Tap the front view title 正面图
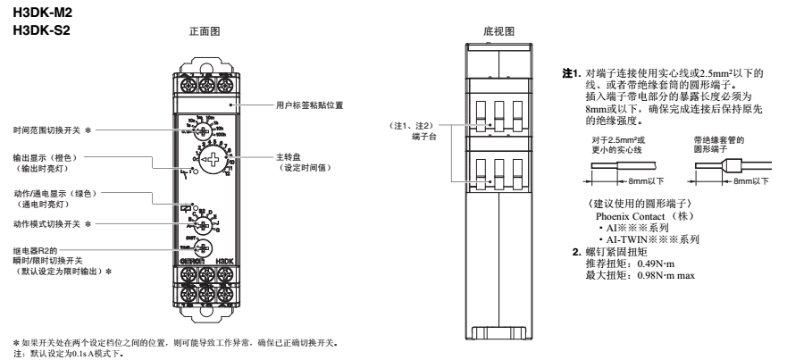click(x=205, y=29)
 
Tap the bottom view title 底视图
click(x=497, y=29)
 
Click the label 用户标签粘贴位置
click(x=310, y=105)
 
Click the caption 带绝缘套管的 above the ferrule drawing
click(x=705, y=140)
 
